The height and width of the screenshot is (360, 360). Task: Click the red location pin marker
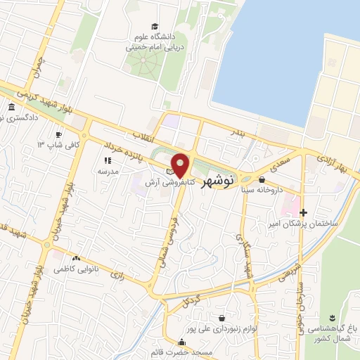tap(181, 165)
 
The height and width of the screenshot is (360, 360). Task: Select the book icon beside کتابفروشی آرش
tap(169, 171)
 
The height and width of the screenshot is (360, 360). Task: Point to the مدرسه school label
tap(108, 171)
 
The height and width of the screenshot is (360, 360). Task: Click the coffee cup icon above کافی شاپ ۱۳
tap(58, 134)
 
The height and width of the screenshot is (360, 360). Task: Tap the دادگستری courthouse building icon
tap(11, 107)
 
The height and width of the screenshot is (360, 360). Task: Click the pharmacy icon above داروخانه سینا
tap(262, 179)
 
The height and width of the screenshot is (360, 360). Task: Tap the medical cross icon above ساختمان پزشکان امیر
tap(303, 212)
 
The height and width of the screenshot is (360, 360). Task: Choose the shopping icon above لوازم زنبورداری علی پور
tap(223, 318)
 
